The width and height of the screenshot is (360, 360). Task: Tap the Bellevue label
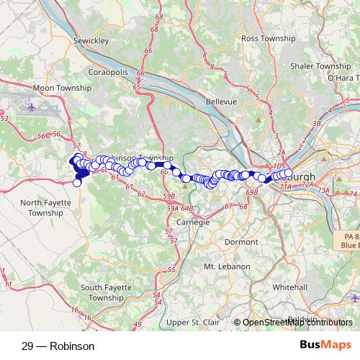click(x=221, y=102)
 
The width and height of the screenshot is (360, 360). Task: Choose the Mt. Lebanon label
click(x=227, y=266)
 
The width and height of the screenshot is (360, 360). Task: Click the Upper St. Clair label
click(x=192, y=323)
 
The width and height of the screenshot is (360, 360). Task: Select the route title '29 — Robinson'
click(x=58, y=346)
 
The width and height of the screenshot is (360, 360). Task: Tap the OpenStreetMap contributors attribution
click(x=297, y=323)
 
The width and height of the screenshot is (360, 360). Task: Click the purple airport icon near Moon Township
click(x=32, y=108)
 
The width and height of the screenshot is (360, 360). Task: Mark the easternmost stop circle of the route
click(x=289, y=174)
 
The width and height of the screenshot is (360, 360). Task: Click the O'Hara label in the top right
click(x=343, y=77)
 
